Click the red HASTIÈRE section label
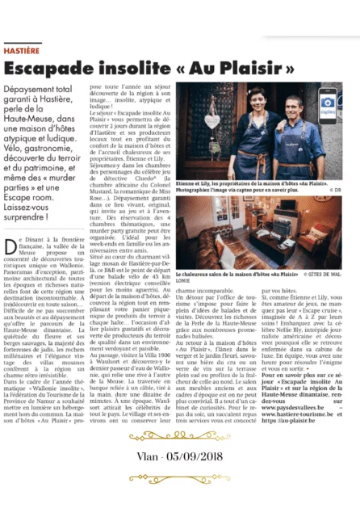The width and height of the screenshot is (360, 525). pos(23,51)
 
